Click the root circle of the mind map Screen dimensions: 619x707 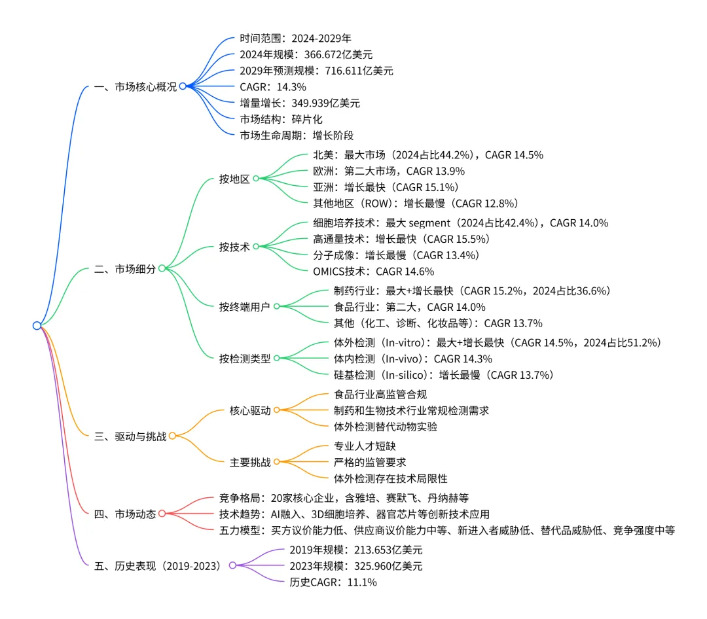(x=37, y=325)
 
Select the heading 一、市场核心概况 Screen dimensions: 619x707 (x=136, y=86)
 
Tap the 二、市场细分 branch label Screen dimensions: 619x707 (x=125, y=268)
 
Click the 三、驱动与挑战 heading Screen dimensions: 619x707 (x=130, y=435)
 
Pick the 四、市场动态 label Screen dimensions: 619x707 (x=125, y=514)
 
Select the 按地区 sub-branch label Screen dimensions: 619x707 (x=234, y=179)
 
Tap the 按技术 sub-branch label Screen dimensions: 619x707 (x=234, y=247)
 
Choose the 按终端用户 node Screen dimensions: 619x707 (x=245, y=306)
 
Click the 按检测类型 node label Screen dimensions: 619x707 (x=245, y=358)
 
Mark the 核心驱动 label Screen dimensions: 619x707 (x=250, y=410)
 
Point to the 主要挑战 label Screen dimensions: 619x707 (x=250, y=462)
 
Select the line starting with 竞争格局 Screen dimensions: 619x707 (x=343, y=497)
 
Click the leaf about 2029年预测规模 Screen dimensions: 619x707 (x=316, y=70)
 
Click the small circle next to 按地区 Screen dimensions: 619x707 (x=256, y=179)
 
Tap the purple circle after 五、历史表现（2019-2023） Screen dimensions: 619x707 (x=232, y=565)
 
